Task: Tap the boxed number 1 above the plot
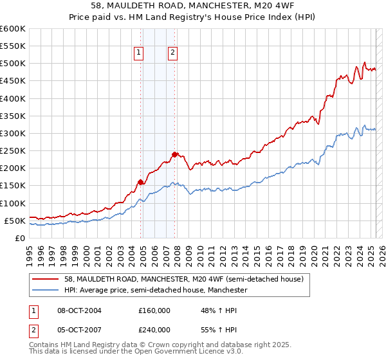coord(139,53)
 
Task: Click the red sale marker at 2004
coord(140,182)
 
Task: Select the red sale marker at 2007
coord(174,154)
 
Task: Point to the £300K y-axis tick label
coord(12,133)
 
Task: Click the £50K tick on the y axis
coord(15,221)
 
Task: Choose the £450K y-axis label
coord(12,81)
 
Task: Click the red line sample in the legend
coord(46,279)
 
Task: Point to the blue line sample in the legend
coord(46,290)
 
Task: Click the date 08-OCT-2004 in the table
coord(79,310)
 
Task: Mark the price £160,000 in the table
coord(154,310)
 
